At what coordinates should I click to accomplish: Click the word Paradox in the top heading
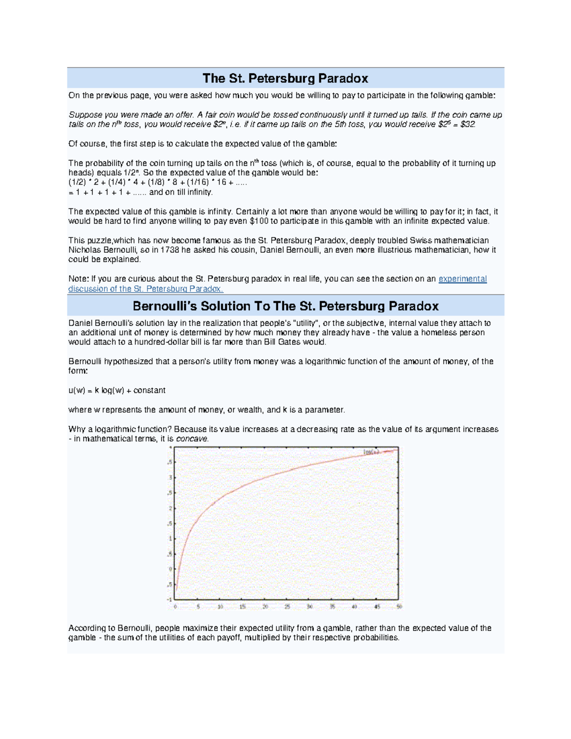(343, 78)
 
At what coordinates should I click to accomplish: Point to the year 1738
(170, 250)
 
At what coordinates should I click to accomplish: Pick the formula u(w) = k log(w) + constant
(117, 390)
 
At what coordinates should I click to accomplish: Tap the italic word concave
(192, 439)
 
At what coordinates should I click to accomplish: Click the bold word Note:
(79, 279)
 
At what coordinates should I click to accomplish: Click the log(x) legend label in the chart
(371, 452)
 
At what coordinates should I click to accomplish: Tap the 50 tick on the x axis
(399, 607)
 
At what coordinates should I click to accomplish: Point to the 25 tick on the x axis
(287, 607)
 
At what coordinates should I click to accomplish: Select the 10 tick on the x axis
(220, 607)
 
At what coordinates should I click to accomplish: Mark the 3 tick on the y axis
(170, 478)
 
